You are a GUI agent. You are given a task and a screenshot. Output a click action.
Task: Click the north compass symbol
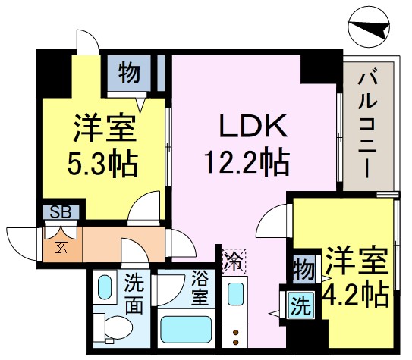pos(369,27)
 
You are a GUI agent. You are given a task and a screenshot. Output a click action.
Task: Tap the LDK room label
pos(253,127)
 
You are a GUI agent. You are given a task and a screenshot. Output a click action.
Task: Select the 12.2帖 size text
pos(247,161)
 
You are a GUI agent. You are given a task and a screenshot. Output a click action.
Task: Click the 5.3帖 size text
pos(102,163)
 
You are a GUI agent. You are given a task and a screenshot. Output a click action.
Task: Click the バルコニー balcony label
pos(367,123)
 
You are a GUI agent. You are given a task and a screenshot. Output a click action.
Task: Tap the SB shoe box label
pos(61,211)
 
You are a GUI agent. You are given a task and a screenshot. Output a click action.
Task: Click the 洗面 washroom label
pos(134,293)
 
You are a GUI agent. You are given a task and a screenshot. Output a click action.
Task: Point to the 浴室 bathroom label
pos(200,288)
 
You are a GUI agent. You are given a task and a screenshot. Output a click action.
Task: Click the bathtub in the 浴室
pos(186,329)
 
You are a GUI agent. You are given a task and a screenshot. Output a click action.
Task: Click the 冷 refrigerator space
pos(234,261)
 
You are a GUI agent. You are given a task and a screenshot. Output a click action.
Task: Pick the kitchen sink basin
pos(235,294)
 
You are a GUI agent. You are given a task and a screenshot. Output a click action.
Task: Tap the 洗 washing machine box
pos(301,305)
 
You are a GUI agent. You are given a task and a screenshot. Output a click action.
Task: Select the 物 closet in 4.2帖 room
pos(304,270)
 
